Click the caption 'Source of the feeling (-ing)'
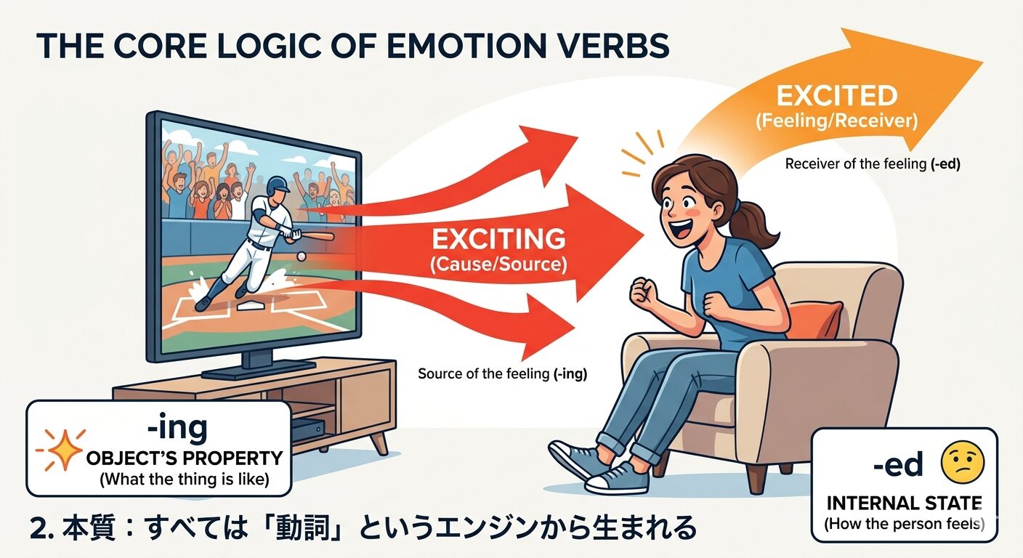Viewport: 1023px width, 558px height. (502, 375)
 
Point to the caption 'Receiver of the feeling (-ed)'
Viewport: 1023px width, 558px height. (873, 164)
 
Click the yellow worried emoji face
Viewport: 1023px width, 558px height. (961, 462)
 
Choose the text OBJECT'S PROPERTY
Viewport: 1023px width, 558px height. (184, 458)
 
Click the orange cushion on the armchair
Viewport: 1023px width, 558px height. (814, 320)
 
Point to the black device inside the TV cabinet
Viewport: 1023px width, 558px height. (308, 429)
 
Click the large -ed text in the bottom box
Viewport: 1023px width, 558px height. (899, 464)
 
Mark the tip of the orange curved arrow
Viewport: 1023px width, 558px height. (982, 62)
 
